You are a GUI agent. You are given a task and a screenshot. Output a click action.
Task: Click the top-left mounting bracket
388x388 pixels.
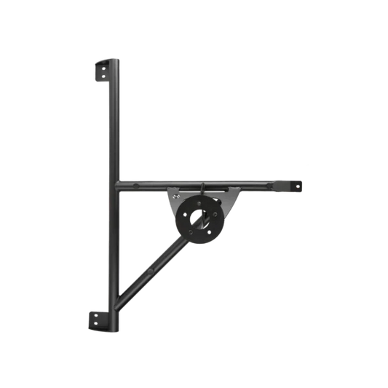pyautogui.click(x=103, y=69)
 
